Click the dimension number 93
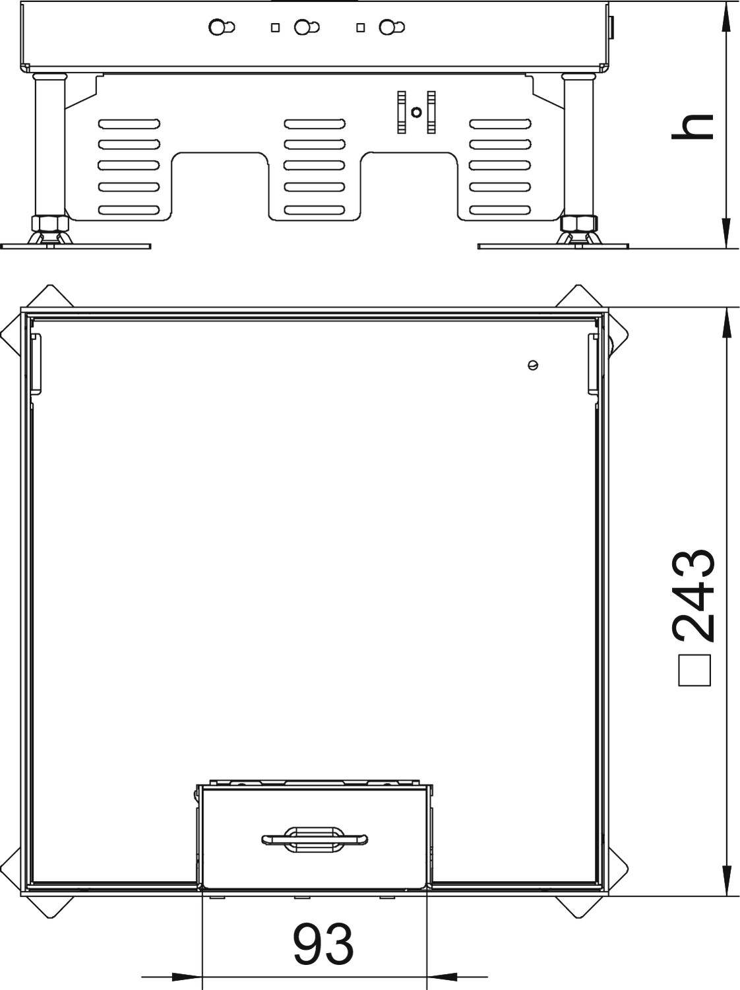point(323,944)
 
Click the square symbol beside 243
point(695,671)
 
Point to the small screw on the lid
point(533,365)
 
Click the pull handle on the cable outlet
point(314,839)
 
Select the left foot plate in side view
point(76,247)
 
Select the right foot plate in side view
point(553,247)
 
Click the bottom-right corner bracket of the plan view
point(580,907)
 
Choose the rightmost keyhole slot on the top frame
point(393,27)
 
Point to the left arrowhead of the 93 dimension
point(188,976)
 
